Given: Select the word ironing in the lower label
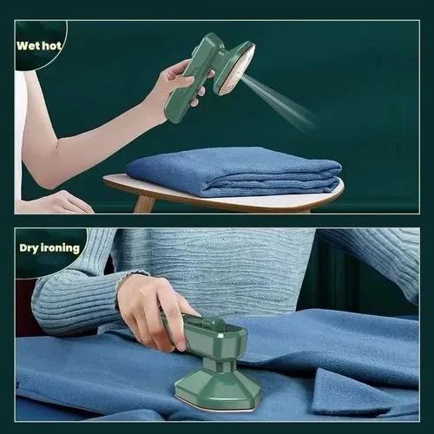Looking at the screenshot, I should pos(62,248).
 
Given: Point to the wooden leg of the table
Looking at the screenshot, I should pos(144,203).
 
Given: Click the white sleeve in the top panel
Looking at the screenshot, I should pos(19,130).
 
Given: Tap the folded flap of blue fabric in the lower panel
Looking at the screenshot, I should pos(347,395).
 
